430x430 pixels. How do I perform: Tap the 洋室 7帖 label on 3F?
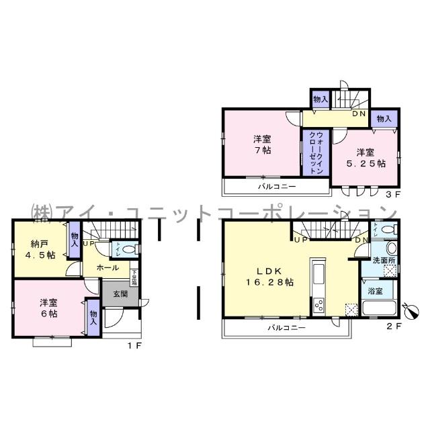coord(262,144)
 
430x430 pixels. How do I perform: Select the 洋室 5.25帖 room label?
coord(366,157)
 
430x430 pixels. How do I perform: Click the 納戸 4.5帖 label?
coord(38,249)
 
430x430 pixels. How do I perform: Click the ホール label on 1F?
coord(107,267)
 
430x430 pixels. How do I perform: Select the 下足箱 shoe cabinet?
coord(134,277)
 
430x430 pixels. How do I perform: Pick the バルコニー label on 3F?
coord(275,186)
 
